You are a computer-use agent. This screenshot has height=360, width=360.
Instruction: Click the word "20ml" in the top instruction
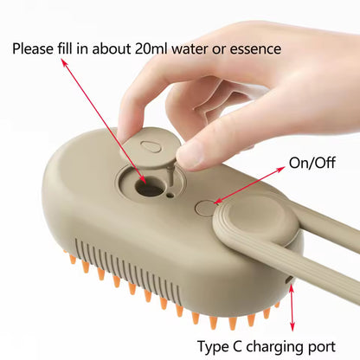158,48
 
